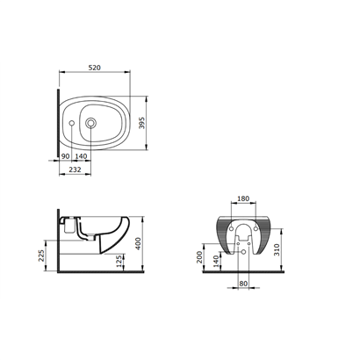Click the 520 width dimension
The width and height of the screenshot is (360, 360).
(95, 68)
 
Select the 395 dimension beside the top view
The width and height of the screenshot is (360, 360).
(141, 123)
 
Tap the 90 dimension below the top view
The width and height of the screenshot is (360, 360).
(65, 156)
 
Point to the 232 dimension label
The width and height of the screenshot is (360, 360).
(75, 169)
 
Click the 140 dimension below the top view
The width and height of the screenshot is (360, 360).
(81, 156)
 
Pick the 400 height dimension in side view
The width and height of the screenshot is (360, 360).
(138, 243)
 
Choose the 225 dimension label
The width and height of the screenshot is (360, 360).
(41, 256)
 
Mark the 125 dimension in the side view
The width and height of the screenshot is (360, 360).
(119, 261)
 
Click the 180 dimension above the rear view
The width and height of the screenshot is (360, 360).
(243, 198)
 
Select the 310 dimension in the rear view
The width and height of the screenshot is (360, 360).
(277, 249)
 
